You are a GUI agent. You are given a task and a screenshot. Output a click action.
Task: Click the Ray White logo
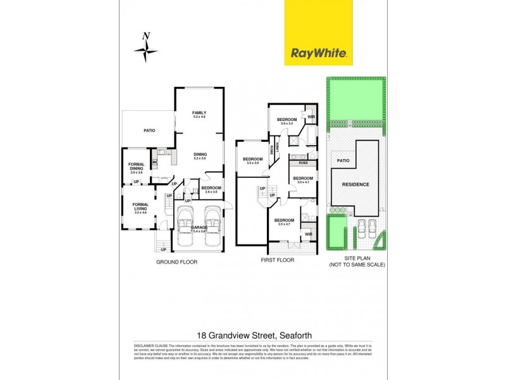pos(318,53)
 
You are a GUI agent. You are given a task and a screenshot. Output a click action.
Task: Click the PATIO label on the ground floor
pos(149,130)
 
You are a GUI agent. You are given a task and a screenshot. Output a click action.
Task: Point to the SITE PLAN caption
pos(355,258)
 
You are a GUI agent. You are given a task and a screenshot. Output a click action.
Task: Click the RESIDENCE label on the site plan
pos(355,184)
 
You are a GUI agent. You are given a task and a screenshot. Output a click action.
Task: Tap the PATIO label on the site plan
pos(343,161)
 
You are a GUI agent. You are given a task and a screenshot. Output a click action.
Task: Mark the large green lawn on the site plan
pos(355,99)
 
